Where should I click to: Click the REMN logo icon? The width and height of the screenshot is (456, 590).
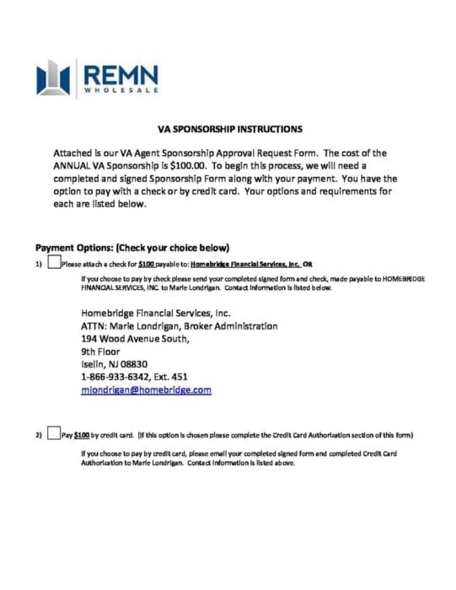tap(53, 78)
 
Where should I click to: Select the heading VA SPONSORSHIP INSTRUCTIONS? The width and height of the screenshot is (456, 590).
tap(229, 130)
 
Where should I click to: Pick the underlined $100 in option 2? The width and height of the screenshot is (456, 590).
tap(82, 436)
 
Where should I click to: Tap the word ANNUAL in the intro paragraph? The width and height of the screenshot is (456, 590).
tap(77, 166)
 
